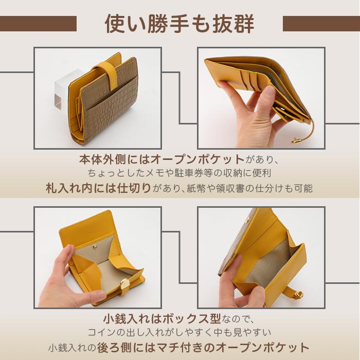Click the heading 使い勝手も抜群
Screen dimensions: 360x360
click(179, 23)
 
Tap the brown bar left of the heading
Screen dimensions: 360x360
click(38, 23)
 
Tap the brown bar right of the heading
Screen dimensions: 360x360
click(321, 23)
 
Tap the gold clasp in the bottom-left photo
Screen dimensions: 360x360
click(125, 283)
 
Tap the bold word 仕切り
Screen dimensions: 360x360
click(135, 188)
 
